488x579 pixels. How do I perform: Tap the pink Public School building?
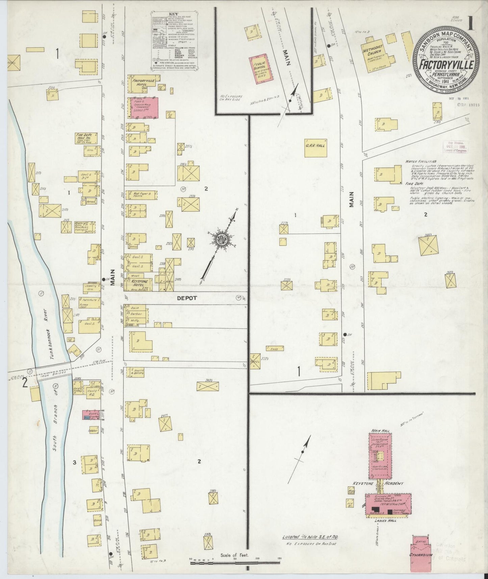pos(260,70)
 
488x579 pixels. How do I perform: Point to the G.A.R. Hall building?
pos(316,148)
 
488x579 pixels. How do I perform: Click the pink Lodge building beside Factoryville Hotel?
pos(143,108)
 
